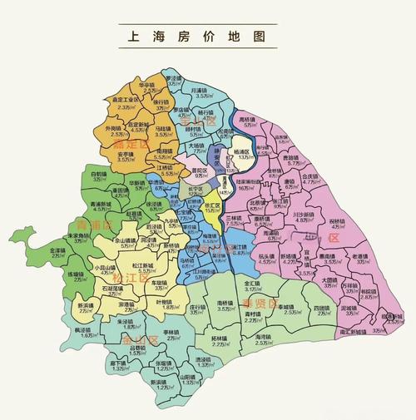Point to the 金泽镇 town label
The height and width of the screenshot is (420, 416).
coord(57,250)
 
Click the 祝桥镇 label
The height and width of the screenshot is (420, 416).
coord(337,220)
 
